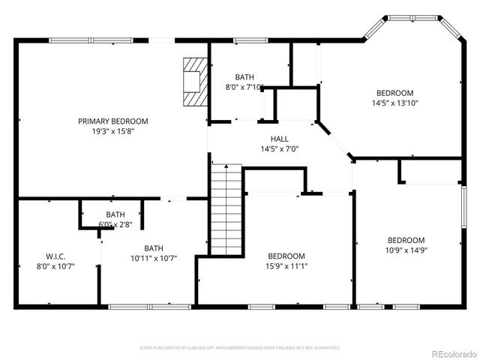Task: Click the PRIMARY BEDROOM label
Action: [113, 121]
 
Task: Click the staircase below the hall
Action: [226, 213]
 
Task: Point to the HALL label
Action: [279, 139]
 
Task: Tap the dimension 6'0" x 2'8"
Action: [115, 224]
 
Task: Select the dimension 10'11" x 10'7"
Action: [154, 259]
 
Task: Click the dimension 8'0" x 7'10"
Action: [244, 87]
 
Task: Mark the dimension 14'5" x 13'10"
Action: [394, 103]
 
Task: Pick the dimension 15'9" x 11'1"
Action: [286, 265]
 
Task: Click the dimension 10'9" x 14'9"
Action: [406, 250]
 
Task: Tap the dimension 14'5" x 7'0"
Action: [279, 149]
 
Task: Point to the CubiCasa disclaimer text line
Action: [240, 348]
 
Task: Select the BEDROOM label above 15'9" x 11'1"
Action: [286, 256]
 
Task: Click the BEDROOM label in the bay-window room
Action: [394, 93]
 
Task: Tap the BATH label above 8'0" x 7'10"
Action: [244, 77]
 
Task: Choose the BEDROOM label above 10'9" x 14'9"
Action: [406, 240]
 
